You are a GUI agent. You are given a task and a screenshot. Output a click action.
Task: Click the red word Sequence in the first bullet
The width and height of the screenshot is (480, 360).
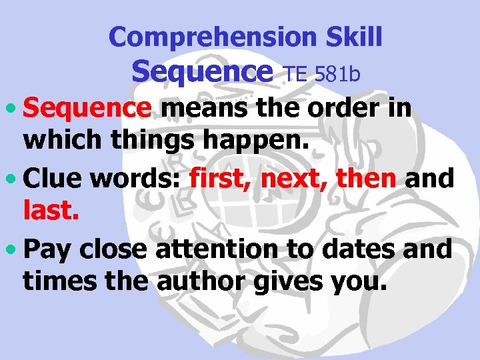point(87,107)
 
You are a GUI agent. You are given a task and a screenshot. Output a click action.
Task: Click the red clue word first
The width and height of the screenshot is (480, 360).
point(219,178)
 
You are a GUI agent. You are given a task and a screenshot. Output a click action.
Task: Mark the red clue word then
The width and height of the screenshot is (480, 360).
point(366,178)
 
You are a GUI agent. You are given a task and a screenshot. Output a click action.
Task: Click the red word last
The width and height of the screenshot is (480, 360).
point(51,213)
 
